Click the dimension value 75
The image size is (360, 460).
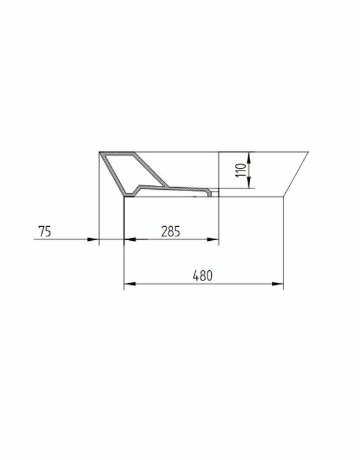(45, 231)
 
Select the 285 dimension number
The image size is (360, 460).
(170, 231)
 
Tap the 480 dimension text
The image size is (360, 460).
(202, 276)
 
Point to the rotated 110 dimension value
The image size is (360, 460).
(241, 170)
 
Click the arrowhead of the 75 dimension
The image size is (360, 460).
(93, 240)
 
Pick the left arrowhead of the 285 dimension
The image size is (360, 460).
(130, 240)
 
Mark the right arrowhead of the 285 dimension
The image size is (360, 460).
(213, 240)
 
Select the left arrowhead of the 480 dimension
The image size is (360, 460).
(130, 284)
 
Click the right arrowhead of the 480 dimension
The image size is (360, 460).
(278, 284)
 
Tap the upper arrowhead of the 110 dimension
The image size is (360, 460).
(249, 158)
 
